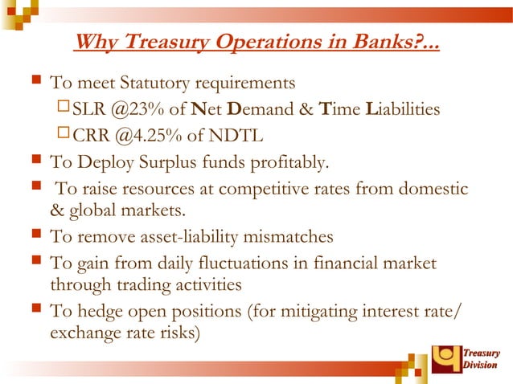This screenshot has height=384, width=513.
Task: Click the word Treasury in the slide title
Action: click(162, 41)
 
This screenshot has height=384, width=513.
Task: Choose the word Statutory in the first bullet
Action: click(148, 83)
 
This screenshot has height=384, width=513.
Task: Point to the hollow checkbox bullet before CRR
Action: click(64, 133)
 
